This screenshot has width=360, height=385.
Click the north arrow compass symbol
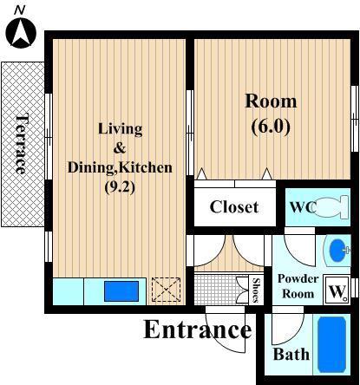[21, 32]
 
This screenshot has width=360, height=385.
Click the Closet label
[234, 207]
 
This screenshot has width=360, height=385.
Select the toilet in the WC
[331, 207]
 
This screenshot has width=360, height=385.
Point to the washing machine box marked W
[337, 290]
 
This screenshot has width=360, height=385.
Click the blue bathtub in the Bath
[332, 344]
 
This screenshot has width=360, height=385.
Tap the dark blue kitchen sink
[121, 291]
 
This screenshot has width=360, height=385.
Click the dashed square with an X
[166, 290]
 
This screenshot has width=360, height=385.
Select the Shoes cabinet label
[256, 290]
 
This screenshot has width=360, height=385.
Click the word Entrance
[198, 330]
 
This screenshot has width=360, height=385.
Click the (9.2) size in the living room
[120, 188]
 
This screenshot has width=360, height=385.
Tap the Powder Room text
[298, 286]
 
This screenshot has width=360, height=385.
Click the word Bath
[291, 355]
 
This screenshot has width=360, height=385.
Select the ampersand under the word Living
[120, 148]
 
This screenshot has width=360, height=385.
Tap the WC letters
[303, 207]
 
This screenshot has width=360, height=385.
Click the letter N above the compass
[20, 10]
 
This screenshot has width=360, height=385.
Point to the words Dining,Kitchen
[120, 167]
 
